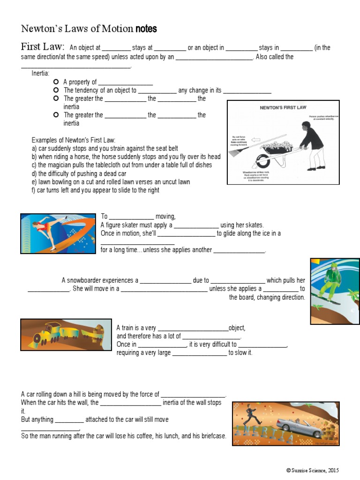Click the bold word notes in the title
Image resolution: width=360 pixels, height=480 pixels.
[x=146, y=29]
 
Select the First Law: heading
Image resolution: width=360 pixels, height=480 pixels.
[x=42, y=46]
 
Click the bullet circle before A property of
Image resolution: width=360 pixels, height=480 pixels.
[x=56, y=82]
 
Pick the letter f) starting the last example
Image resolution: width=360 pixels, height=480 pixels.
[x=35, y=190]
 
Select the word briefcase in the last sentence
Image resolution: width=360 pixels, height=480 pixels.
[x=213, y=436]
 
